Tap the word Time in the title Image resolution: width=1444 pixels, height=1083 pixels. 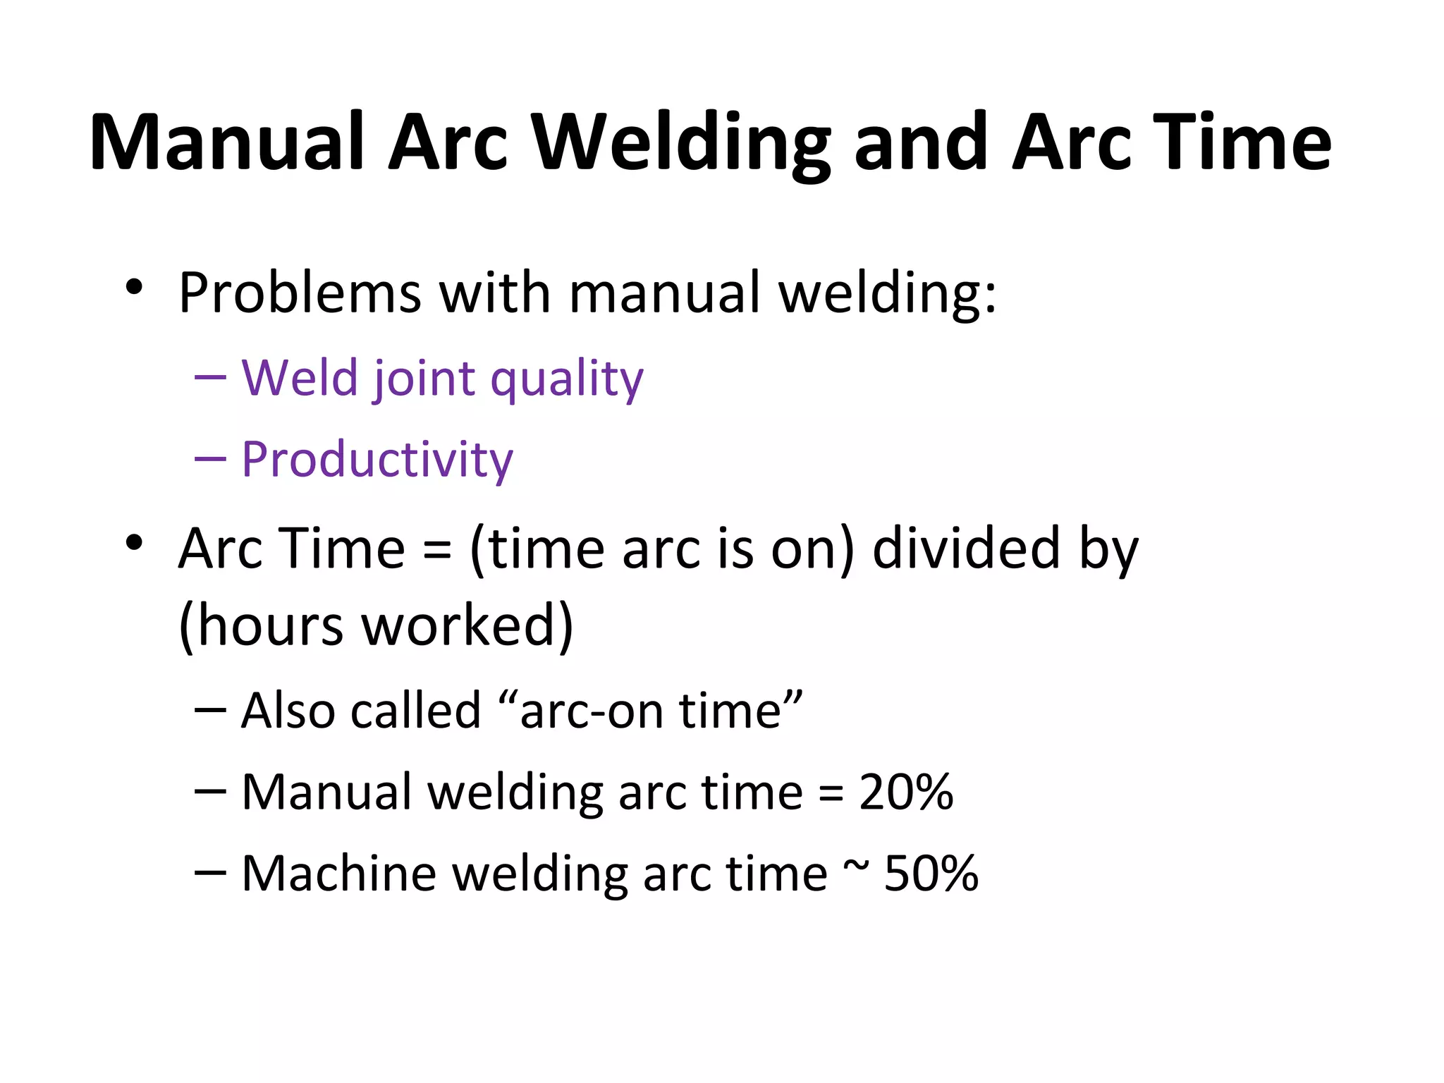coord(1242,142)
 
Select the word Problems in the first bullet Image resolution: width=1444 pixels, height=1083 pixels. coord(300,293)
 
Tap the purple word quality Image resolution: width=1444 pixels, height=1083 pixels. coord(567,379)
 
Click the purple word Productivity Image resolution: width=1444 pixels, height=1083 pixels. coord(377,460)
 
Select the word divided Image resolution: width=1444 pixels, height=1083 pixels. coord(966,549)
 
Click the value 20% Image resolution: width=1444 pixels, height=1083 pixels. coord(906,792)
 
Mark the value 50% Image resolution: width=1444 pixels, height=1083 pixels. coord(931,874)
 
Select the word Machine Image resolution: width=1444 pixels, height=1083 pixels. coord(338,874)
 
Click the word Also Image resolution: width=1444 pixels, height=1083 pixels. coord(288,711)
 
